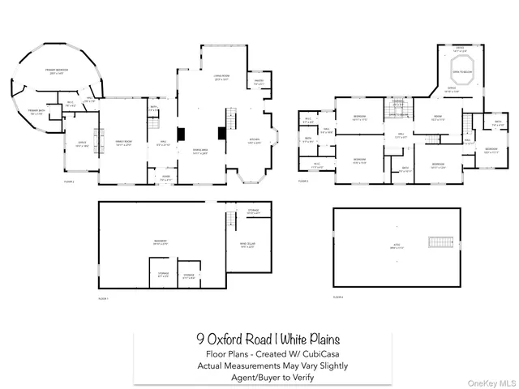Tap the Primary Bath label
[36, 113]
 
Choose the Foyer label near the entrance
[165, 177]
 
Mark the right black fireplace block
[221, 134]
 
